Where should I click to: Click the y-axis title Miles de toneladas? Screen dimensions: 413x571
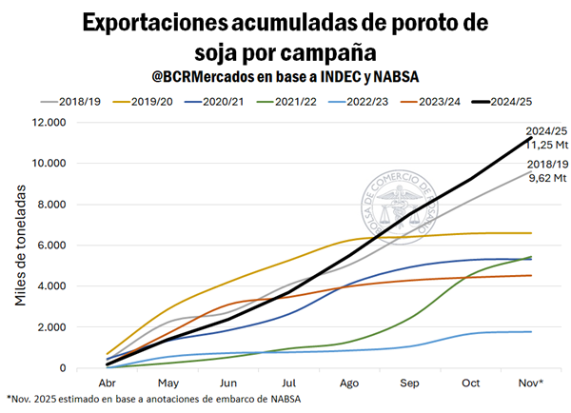pos(22,245)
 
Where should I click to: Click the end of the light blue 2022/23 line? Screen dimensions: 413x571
pos(530,331)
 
